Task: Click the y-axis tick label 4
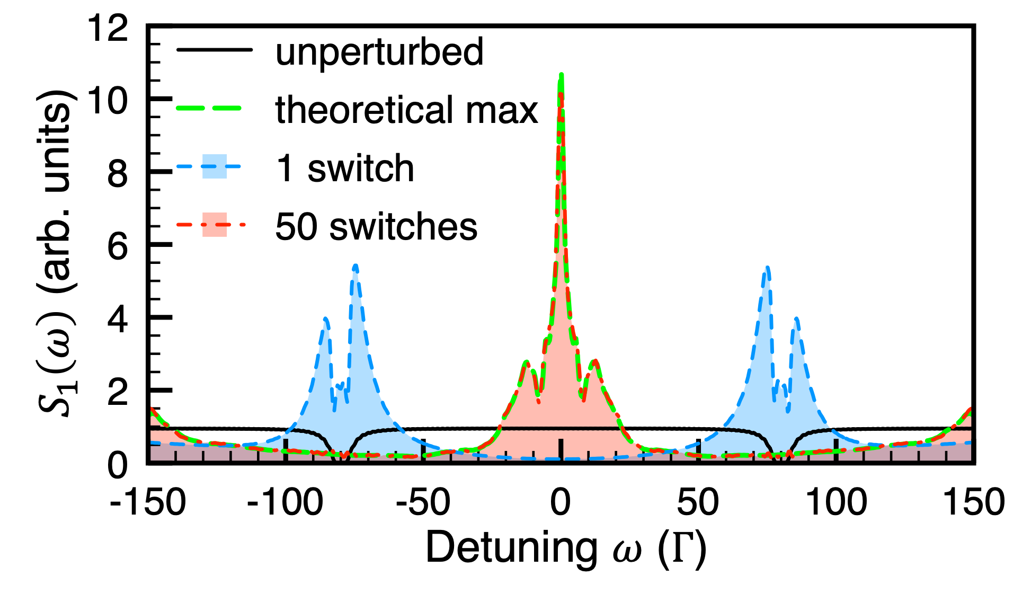point(117,320)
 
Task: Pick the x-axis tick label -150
point(148,502)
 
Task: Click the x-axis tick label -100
point(285,502)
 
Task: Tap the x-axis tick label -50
point(423,502)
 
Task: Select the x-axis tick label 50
point(698,502)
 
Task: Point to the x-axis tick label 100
point(836,502)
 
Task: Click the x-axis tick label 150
point(974,502)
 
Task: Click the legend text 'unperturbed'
point(379,52)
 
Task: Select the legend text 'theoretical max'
point(406,110)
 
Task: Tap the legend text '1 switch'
point(345,169)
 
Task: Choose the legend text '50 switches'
point(376,227)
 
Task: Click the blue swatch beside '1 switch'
point(215,166)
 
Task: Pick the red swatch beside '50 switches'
point(215,225)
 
